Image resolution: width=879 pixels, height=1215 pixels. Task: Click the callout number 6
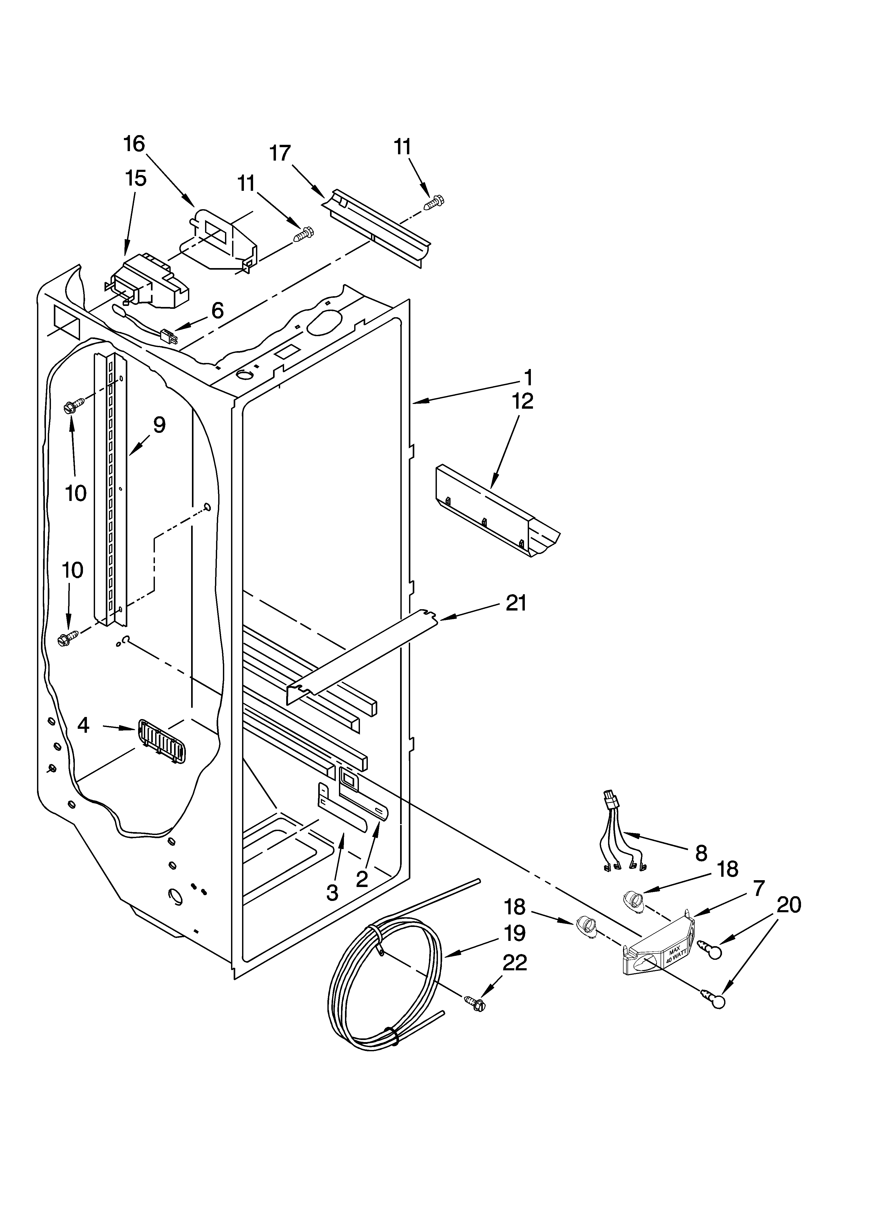coord(217,310)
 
